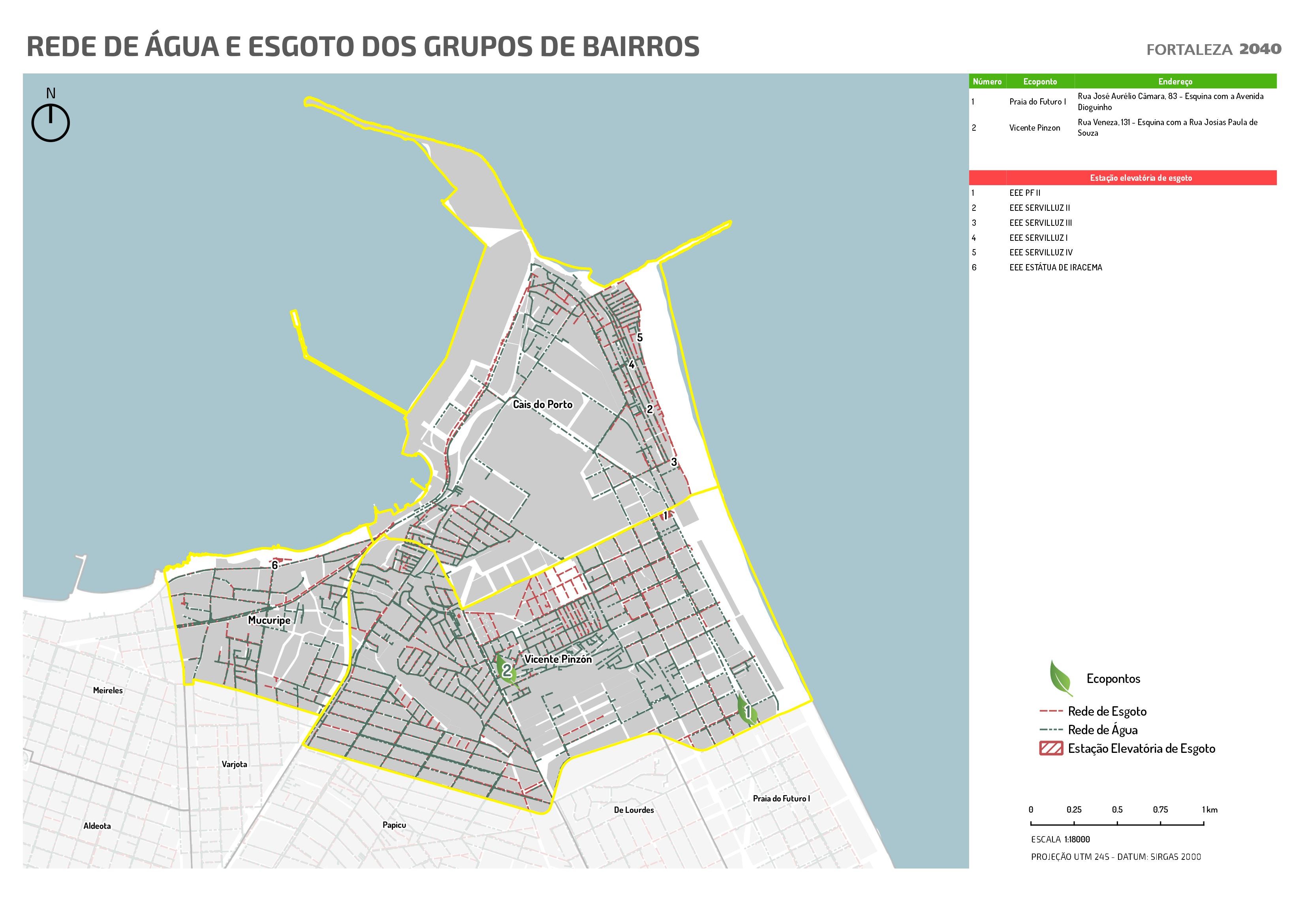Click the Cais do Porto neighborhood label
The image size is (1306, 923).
[542, 404]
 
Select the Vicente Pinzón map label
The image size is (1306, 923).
[558, 659]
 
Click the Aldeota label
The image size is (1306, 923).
[97, 826]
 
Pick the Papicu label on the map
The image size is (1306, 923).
[394, 825]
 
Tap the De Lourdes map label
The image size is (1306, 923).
[634, 810]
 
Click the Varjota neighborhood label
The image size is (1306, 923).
[234, 764]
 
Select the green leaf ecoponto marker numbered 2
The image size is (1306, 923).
[505, 670]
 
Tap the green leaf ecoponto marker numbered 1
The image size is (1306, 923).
[747, 711]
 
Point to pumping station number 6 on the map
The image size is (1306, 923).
[275, 565]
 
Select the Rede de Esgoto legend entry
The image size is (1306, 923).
[1106, 711]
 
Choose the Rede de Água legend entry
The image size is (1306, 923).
[1102, 730]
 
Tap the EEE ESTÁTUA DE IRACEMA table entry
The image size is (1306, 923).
[1055, 267]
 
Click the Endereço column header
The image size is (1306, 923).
[1174, 81]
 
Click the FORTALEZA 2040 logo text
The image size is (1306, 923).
[1213, 49]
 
